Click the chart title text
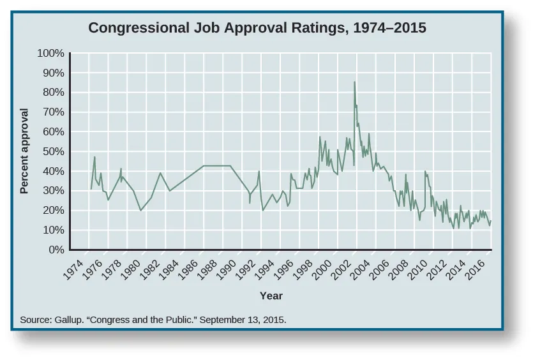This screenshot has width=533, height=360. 257,28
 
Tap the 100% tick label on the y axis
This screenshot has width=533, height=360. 52,54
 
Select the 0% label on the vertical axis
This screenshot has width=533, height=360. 56,250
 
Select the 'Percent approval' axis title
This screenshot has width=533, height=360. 25,151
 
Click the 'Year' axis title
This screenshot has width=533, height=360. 271,296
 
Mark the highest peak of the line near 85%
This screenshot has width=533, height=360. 354,82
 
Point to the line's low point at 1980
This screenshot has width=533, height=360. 140,210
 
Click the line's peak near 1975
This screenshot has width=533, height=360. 94,157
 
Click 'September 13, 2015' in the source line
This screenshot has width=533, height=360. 243,319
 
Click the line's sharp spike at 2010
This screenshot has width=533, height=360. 425,171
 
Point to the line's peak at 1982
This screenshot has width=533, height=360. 160,173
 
